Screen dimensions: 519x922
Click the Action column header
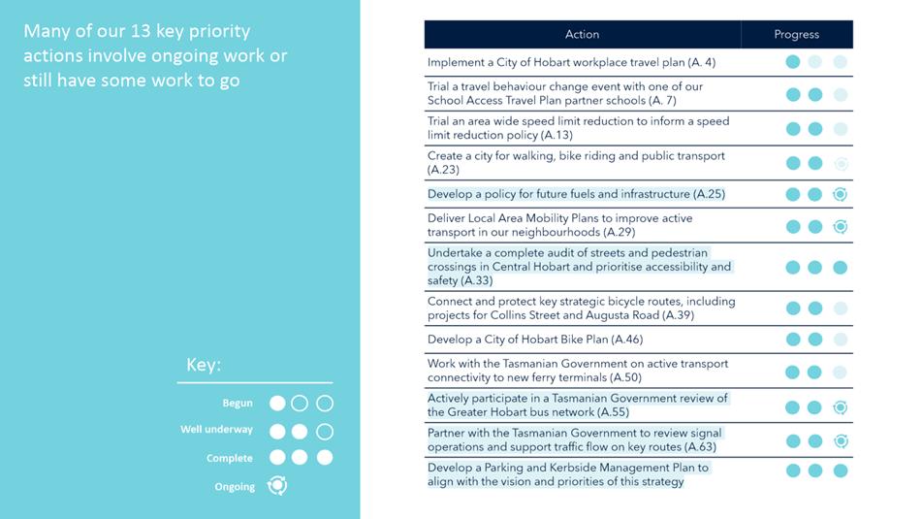coord(582,34)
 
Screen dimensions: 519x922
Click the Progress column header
coord(796,34)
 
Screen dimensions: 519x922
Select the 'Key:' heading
coord(204,366)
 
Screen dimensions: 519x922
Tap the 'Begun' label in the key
coord(237,403)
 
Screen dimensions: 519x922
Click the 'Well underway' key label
coord(216,430)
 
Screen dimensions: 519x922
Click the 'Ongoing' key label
coord(235,486)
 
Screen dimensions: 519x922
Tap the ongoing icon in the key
coord(277,485)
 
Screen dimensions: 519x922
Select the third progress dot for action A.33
coord(840,267)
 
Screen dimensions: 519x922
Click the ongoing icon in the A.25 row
coord(840,194)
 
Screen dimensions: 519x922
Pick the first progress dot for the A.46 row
coord(793,340)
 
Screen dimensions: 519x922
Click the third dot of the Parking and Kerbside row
coord(840,470)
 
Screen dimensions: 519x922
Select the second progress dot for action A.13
coord(815,129)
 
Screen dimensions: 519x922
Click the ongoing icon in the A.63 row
coord(840,440)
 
